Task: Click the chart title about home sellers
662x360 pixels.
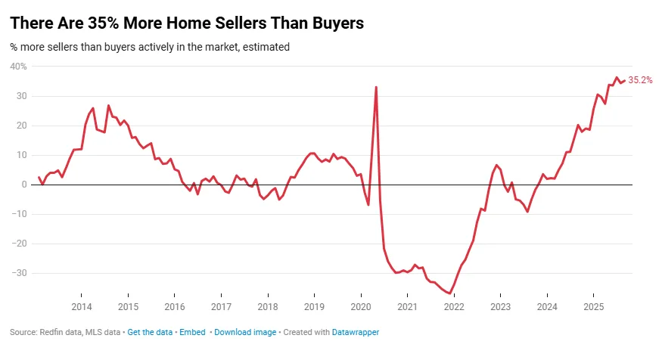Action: tap(187, 23)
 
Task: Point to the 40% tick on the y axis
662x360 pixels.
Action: tap(18, 67)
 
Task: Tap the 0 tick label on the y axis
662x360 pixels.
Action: tap(23, 185)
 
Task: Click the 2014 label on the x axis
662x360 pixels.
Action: tap(82, 306)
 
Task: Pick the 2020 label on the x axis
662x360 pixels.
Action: tap(361, 306)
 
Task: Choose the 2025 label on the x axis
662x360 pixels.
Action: tap(593, 306)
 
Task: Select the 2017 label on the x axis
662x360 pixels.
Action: tap(221, 306)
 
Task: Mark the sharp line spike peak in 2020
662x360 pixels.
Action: tap(376, 87)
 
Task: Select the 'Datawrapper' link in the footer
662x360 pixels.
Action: tap(355, 332)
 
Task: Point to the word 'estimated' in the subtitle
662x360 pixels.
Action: tap(268, 47)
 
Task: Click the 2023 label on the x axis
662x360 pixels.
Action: tap(500, 306)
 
